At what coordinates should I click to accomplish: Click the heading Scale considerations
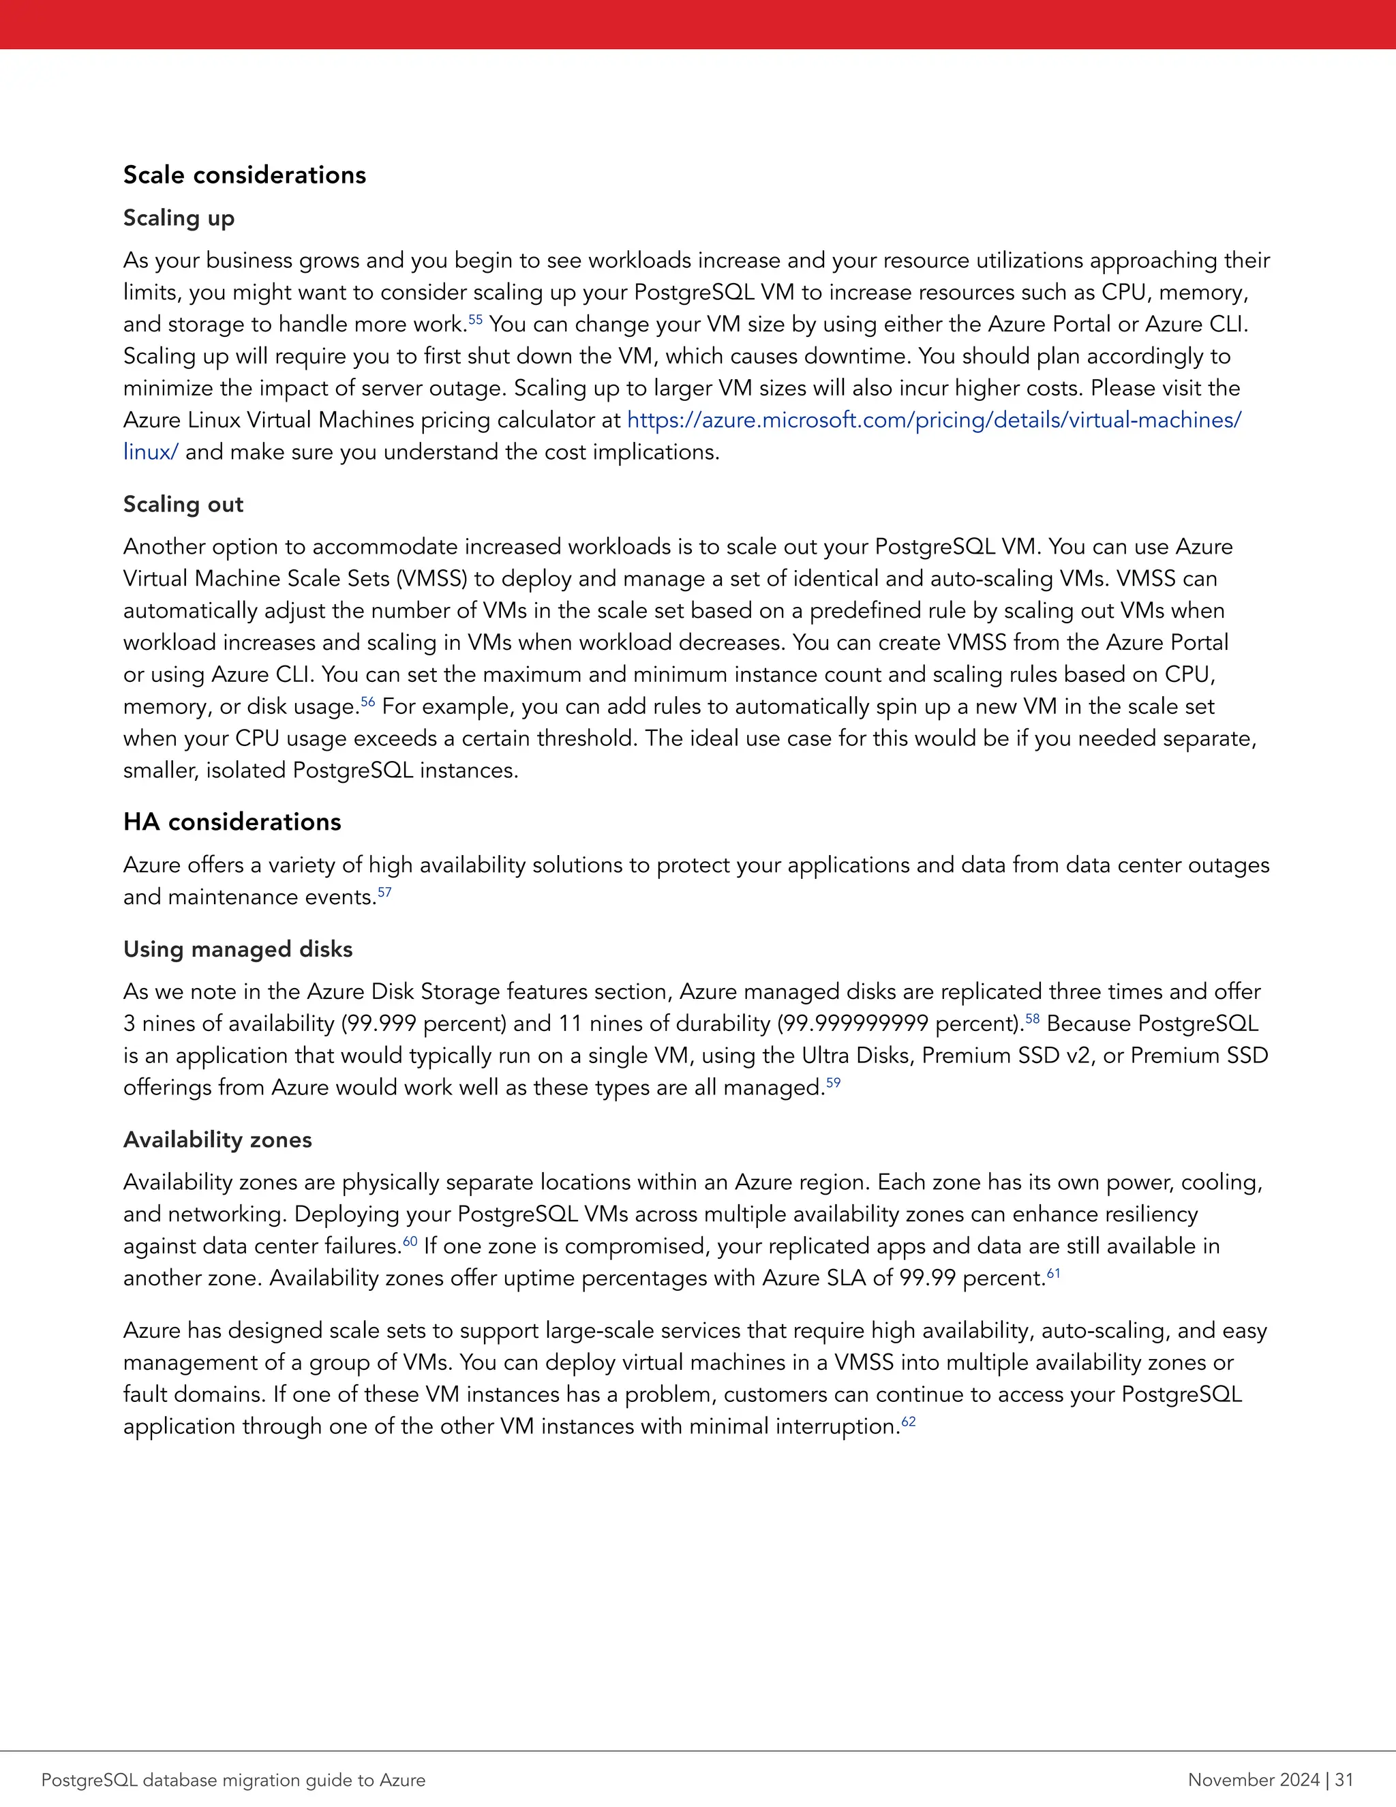point(244,175)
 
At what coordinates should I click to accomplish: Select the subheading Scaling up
point(179,218)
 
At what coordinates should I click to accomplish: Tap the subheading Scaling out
point(183,504)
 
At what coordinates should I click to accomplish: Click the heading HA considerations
point(232,822)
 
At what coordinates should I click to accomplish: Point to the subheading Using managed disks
point(237,949)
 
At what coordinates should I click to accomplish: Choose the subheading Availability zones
point(217,1139)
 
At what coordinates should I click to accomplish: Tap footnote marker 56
point(367,701)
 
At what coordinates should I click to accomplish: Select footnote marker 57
point(384,891)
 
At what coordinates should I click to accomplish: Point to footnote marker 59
point(833,1081)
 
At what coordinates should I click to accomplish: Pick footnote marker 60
point(410,1240)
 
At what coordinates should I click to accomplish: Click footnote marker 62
point(908,1420)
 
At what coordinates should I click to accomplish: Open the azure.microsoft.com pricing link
point(934,420)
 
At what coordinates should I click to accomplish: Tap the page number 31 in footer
point(1344,1780)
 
